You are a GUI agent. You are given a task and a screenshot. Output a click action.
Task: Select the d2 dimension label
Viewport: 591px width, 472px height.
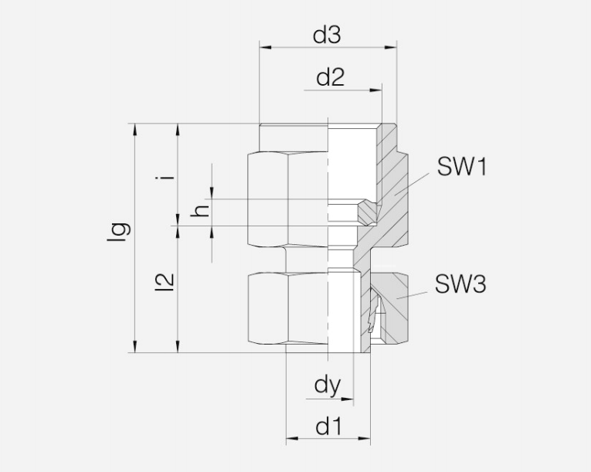pyautogui.click(x=330, y=77)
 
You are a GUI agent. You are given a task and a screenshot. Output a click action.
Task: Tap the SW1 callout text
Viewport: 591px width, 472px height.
pyautogui.click(x=461, y=166)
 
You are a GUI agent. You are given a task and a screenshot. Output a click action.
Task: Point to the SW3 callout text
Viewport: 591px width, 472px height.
pyautogui.click(x=460, y=285)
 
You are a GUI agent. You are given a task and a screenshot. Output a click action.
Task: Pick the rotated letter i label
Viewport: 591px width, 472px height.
pyautogui.click(x=165, y=176)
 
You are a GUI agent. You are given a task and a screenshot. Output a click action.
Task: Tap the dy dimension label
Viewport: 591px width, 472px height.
pyautogui.click(x=328, y=385)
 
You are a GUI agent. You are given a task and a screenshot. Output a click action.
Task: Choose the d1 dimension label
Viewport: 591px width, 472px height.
pyautogui.click(x=328, y=426)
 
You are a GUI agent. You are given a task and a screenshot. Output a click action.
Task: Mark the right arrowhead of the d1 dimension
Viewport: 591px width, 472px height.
pyautogui.click(x=366, y=440)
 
